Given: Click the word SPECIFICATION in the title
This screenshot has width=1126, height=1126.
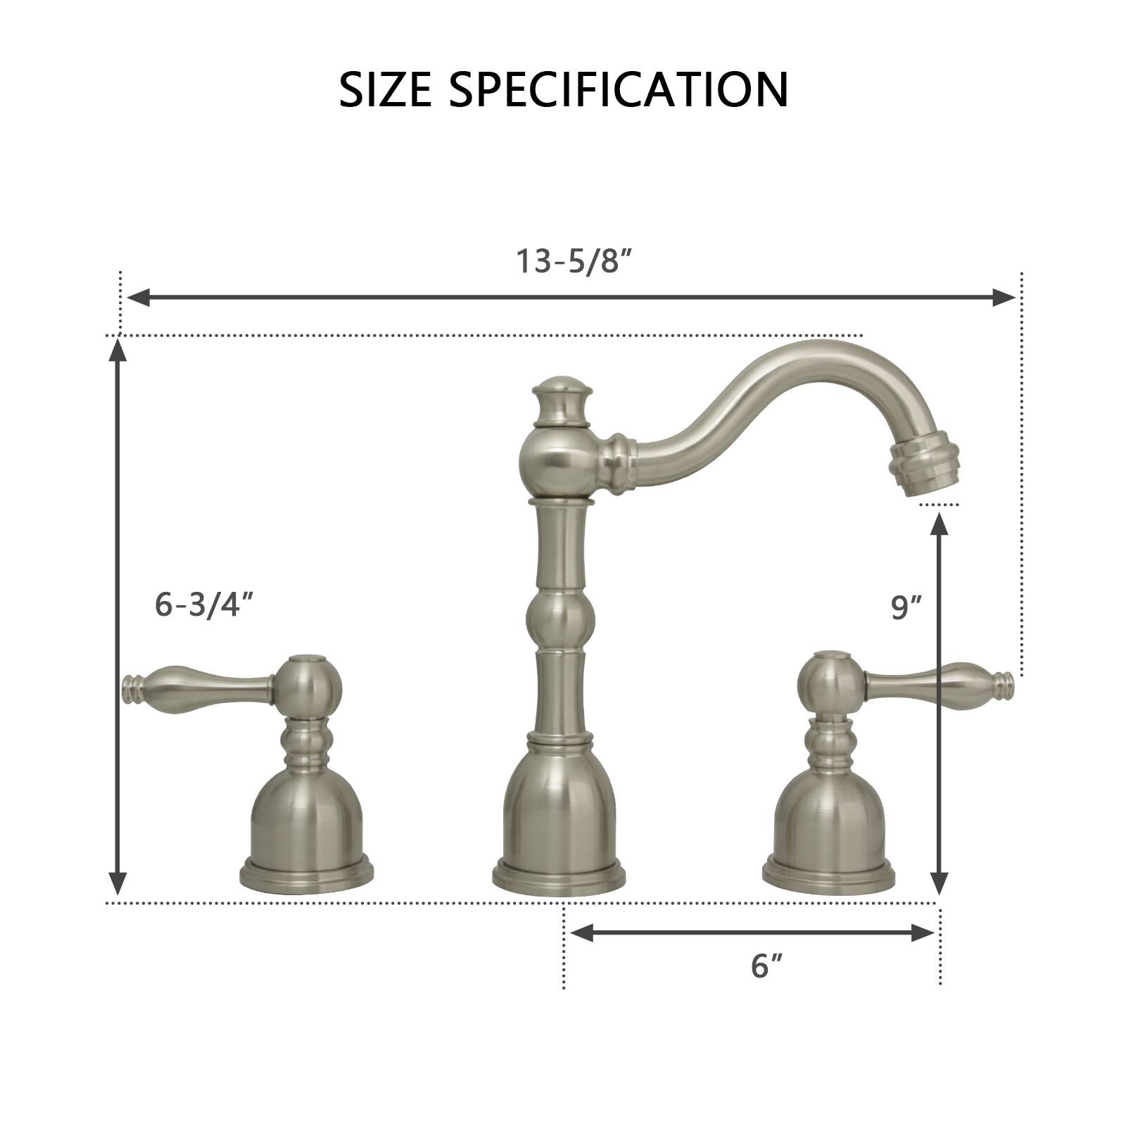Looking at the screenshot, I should click(x=619, y=89).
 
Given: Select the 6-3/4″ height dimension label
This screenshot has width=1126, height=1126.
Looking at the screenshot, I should click(x=203, y=605).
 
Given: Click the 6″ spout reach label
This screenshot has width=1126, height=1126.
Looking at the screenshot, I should click(x=766, y=966).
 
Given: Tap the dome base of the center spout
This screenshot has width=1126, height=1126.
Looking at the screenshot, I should click(x=559, y=823).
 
